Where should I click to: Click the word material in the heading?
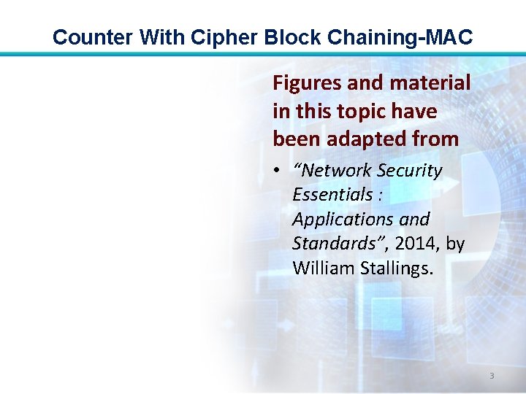pyautogui.click(x=431, y=84)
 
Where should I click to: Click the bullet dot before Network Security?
pyautogui.click(x=279, y=171)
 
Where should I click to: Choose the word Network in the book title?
pyautogui.click(x=332, y=171)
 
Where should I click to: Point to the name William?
pyautogui.click(x=324, y=269)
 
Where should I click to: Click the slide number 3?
pyautogui.click(x=492, y=376)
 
